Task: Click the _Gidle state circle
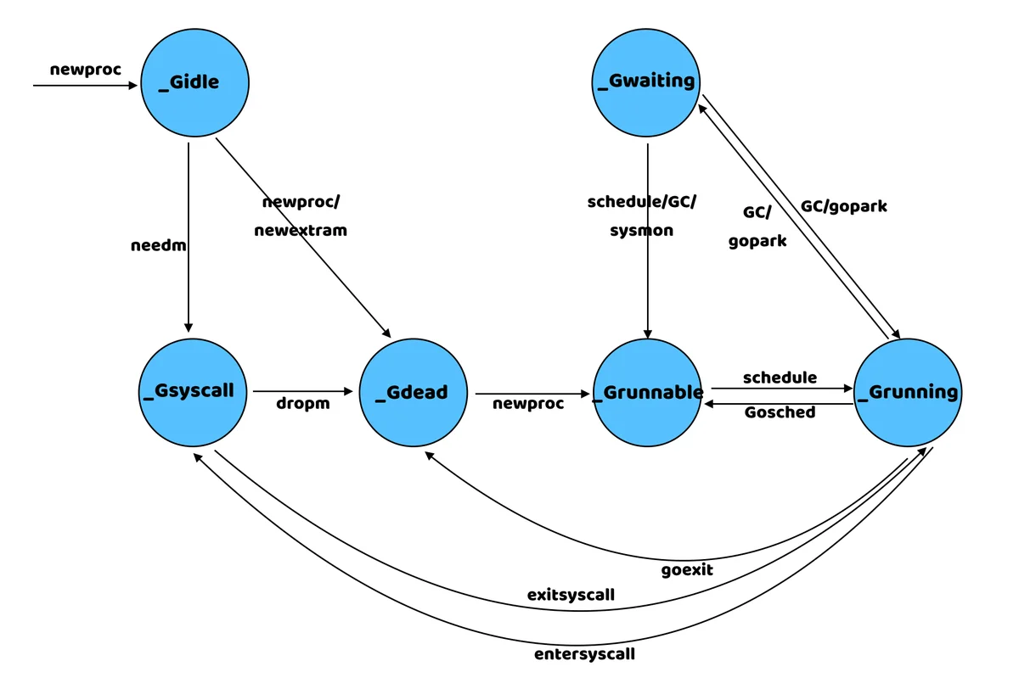[194, 82]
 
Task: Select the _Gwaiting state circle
[646, 81]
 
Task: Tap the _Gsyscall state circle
[194, 391]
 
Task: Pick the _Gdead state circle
[413, 392]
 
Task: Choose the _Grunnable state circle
[647, 392]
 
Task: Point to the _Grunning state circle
[908, 392]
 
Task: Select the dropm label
[302, 404]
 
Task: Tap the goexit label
[687, 569]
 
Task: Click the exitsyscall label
[571, 595]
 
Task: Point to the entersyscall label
[584, 654]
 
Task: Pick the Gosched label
[780, 412]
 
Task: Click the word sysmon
[641, 230]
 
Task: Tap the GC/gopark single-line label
[843, 206]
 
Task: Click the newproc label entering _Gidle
[86, 70]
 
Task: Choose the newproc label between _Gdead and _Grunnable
[528, 404]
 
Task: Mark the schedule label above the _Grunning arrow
[780, 377]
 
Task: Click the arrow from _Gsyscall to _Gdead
[302, 391]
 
